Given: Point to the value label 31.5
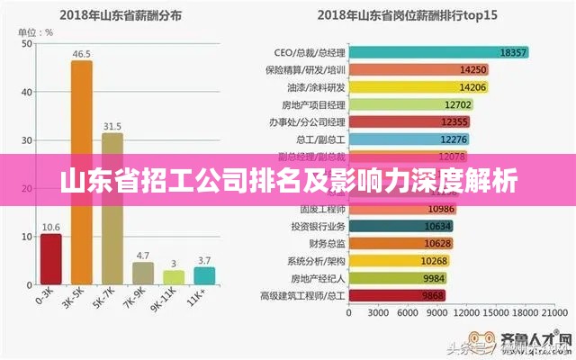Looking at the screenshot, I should pos(112,126).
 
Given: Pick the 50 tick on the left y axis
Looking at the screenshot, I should pos(26,43).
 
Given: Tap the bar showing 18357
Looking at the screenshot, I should pos(437,52).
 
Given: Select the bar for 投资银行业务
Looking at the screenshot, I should pos(401,226).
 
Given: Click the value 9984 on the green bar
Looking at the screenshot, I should pos(434,277).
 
